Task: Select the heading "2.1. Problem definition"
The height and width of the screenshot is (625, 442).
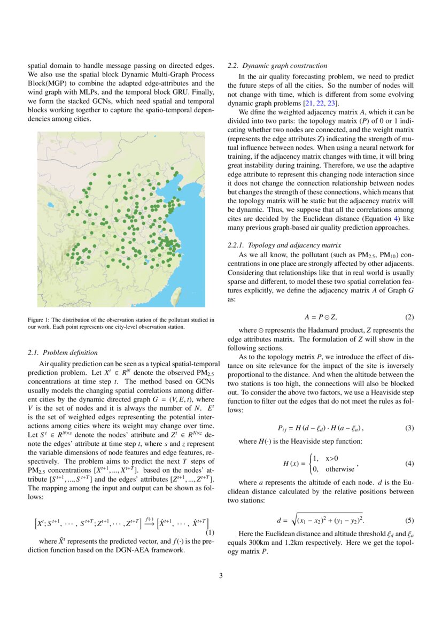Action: [63, 352]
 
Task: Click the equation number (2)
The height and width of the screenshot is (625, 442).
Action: [409, 317]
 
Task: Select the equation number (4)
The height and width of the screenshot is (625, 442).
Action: [409, 463]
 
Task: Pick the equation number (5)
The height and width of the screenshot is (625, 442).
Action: [409, 520]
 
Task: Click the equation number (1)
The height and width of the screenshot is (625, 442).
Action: [210, 533]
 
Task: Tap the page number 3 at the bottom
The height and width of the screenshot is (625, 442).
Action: [221, 576]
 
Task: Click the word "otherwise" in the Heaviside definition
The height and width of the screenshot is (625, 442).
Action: [340, 469]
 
